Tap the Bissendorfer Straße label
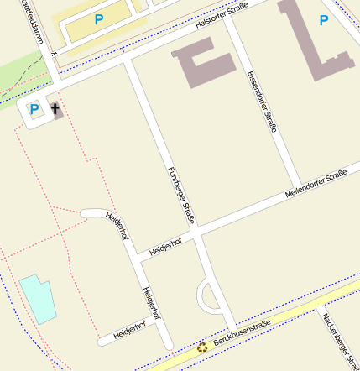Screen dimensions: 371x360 262,99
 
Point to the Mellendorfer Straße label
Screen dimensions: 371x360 316,182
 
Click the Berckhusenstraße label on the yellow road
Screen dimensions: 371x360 242,332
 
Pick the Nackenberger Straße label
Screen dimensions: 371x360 341,340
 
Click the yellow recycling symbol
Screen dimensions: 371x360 202,347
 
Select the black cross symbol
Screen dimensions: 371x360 55,109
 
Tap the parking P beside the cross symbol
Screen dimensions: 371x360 34,109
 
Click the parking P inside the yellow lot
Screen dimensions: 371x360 99,19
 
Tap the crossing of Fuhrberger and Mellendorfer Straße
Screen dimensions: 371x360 197,231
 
